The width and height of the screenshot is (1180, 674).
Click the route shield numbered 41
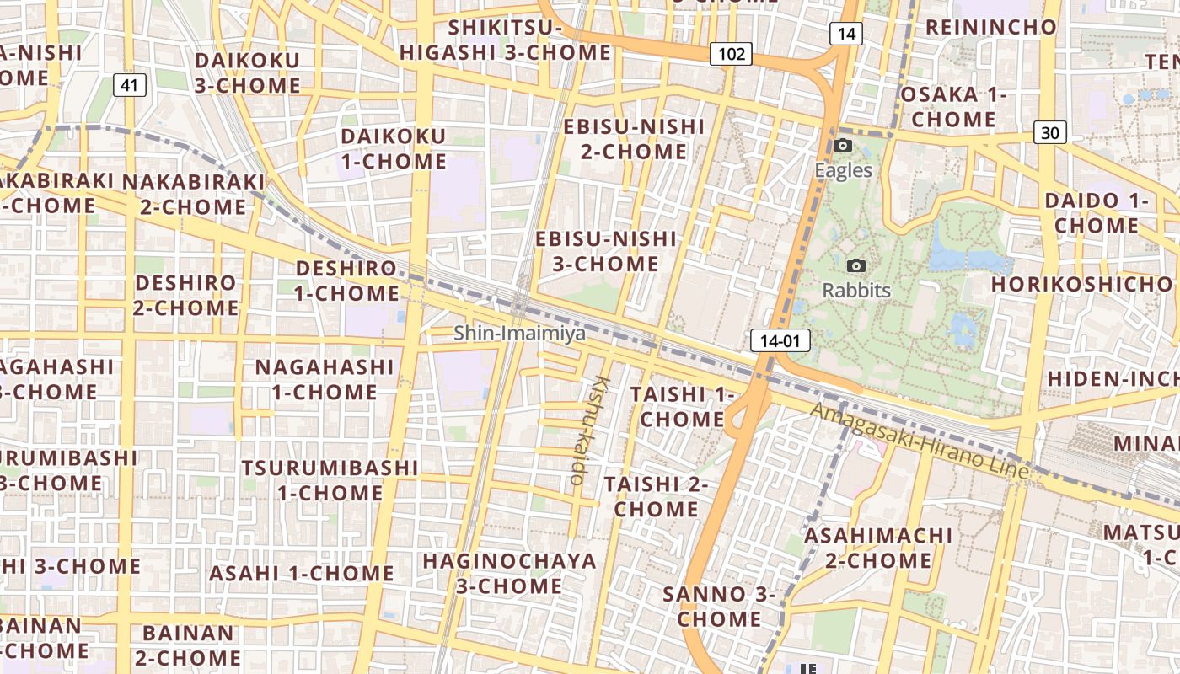pos(129,84)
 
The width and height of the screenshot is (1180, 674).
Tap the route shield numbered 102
pos(730,54)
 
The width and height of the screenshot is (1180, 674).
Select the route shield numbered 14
pos(845,34)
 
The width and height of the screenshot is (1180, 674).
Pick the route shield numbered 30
pos(1049,132)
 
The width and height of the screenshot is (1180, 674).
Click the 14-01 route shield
pos(780,340)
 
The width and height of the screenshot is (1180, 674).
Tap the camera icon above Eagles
pos(842,145)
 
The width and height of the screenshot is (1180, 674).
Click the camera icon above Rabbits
pos(856,265)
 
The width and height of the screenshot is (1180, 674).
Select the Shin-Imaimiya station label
pos(519,333)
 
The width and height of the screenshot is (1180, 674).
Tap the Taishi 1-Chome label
pos(682,406)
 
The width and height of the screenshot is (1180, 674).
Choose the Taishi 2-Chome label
pos(656,496)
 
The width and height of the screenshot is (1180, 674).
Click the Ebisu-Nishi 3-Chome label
pos(606,251)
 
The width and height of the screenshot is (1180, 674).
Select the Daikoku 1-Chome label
pos(394,148)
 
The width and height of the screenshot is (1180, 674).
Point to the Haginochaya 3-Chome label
pos(509,573)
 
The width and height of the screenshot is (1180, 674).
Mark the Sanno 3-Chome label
pos(719,606)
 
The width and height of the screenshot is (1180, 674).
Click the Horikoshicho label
pos(1082,284)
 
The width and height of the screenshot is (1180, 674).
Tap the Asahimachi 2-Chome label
pos(878,548)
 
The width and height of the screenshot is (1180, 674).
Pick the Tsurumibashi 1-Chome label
pos(330,479)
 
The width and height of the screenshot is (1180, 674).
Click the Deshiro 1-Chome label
pos(346,281)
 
